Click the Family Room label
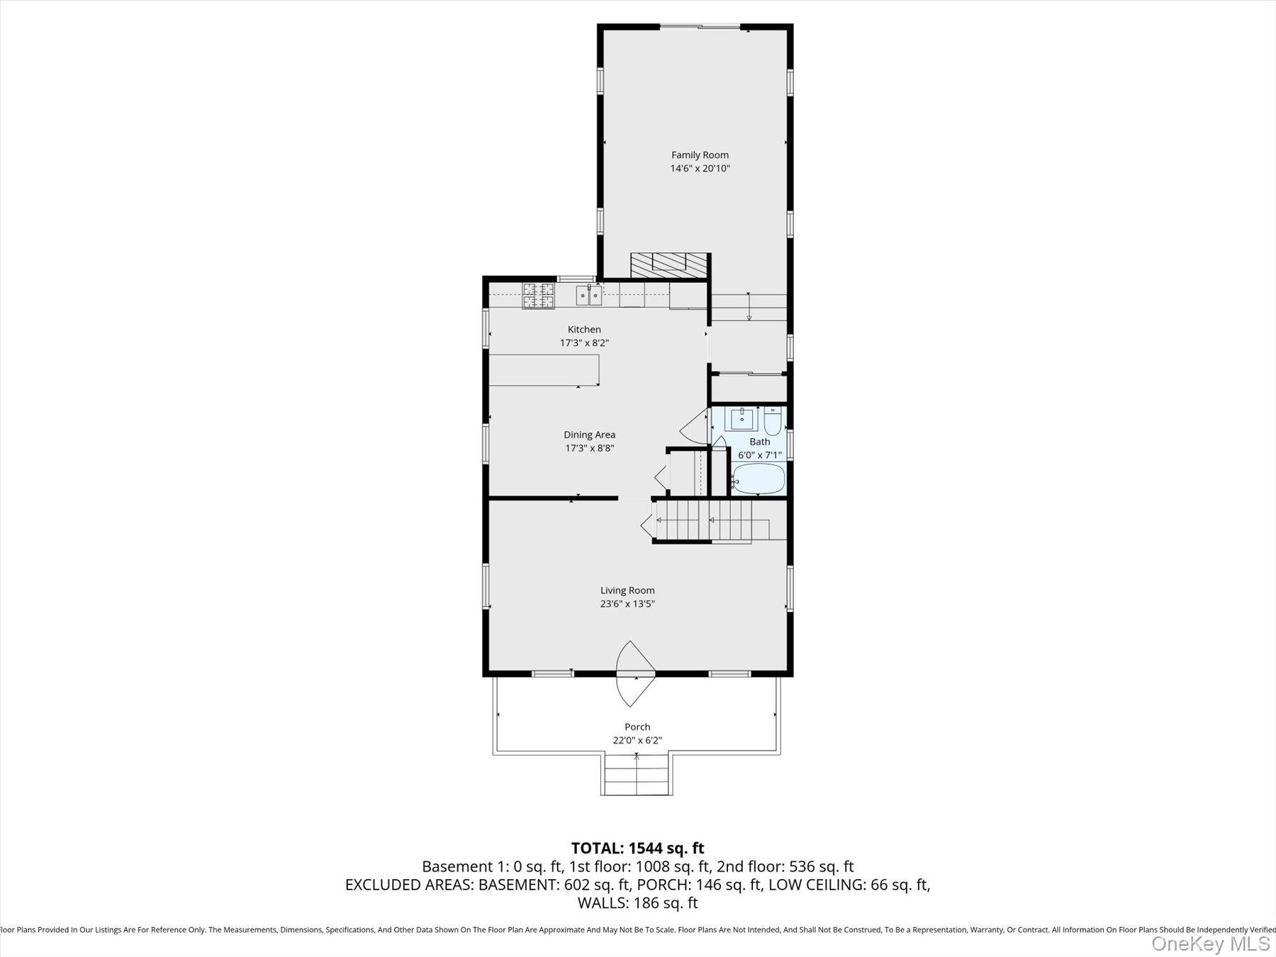click(x=700, y=155)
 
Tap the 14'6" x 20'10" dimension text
click(x=700, y=169)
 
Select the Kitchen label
click(x=584, y=329)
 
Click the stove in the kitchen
click(x=538, y=295)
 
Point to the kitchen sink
click(x=588, y=294)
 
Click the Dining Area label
click(x=589, y=435)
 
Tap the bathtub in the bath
click(x=758, y=479)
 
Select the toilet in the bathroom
click(x=772, y=422)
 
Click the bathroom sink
click(x=742, y=418)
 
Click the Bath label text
click(x=759, y=442)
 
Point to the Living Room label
click(x=627, y=590)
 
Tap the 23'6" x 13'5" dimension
click(x=627, y=604)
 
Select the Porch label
click(x=637, y=727)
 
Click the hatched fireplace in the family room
click(x=669, y=265)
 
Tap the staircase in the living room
click(x=709, y=521)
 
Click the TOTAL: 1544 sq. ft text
click(x=637, y=848)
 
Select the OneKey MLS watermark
click(x=1210, y=944)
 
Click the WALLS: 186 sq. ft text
click(x=637, y=903)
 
